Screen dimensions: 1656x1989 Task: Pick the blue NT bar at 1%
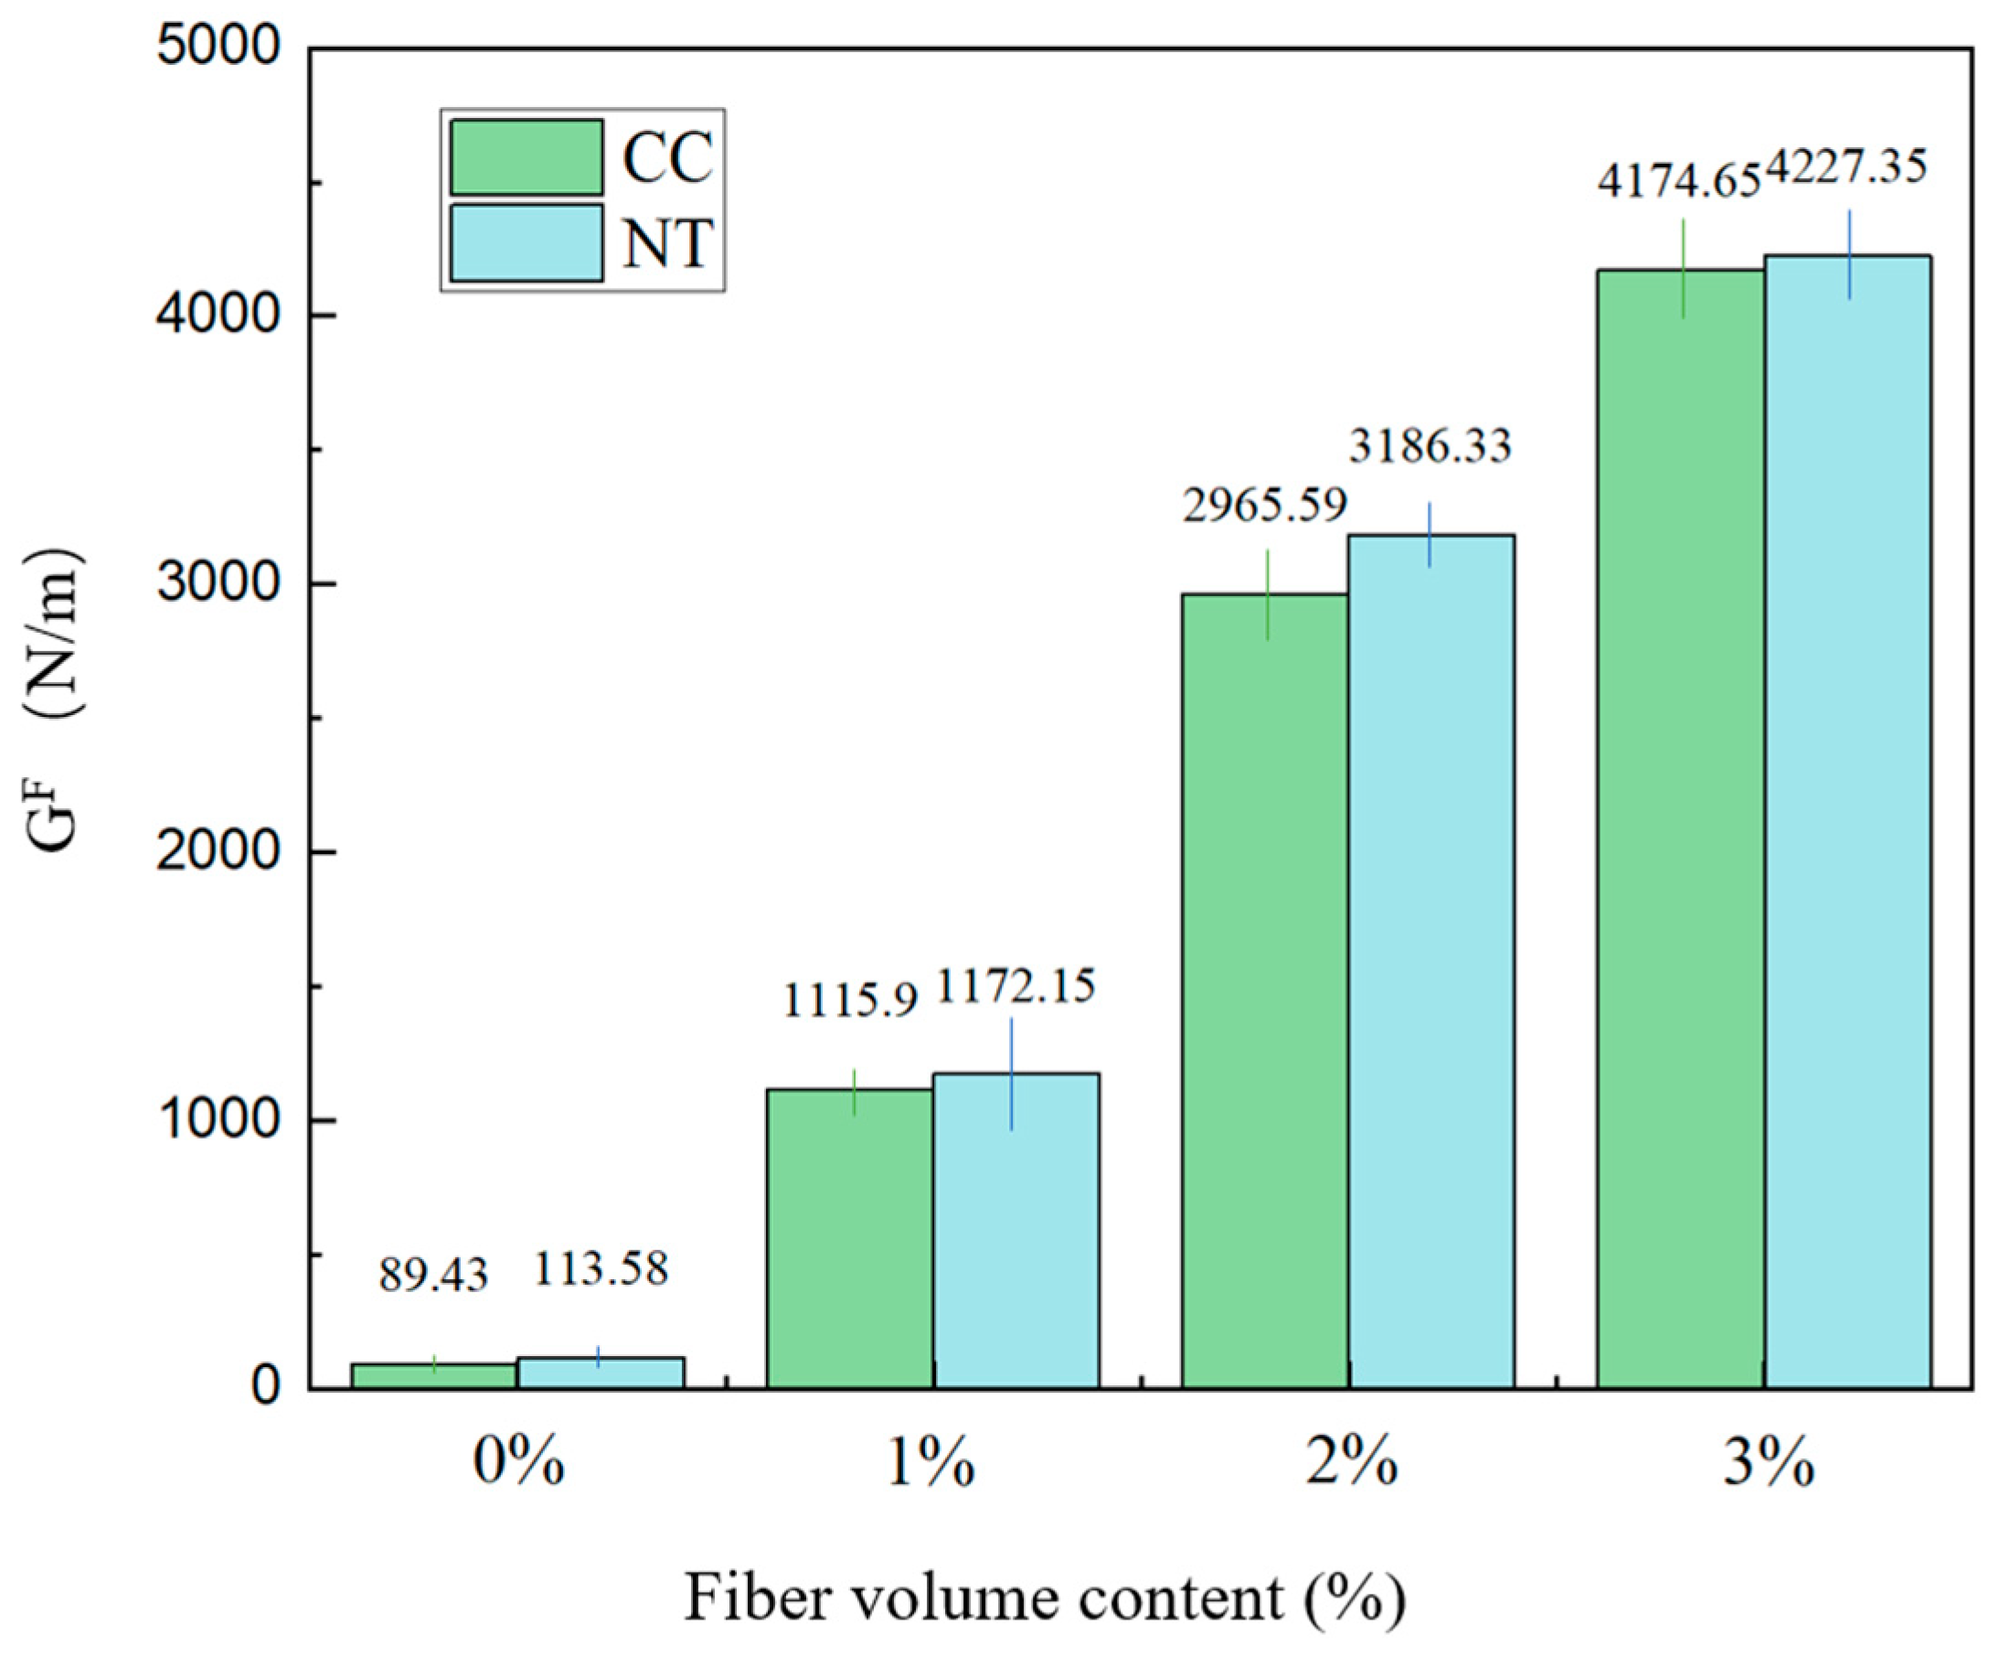click(x=1016, y=1232)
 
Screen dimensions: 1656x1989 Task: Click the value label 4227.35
click(x=1847, y=167)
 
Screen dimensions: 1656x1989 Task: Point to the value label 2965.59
click(x=1264, y=505)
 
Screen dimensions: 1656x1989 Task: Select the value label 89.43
click(x=434, y=1276)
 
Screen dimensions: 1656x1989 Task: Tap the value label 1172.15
click(x=1016, y=987)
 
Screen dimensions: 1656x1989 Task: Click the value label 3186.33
click(x=1431, y=445)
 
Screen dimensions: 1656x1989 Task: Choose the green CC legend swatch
click(x=526, y=157)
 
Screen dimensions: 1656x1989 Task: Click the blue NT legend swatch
click(x=526, y=242)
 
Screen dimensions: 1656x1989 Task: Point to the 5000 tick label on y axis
click(x=218, y=48)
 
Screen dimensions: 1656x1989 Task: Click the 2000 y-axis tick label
click(x=218, y=852)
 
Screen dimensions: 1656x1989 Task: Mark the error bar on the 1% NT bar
click(x=1011, y=1074)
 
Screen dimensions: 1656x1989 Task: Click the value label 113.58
click(x=601, y=1268)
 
